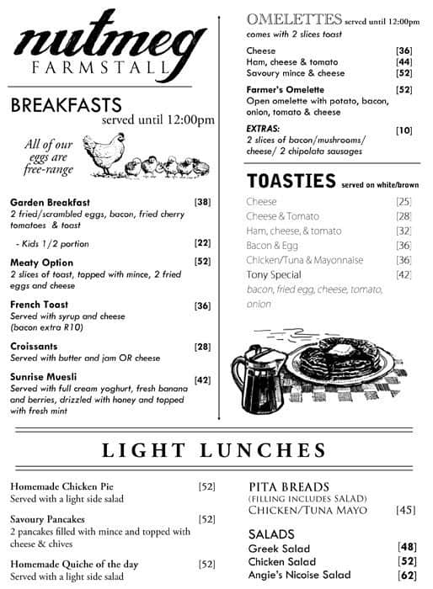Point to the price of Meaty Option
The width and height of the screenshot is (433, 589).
tap(202, 262)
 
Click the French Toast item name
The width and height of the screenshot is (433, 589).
tap(40, 305)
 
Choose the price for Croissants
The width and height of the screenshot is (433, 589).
tap(202, 347)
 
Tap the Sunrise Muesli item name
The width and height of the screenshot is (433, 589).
tap(44, 376)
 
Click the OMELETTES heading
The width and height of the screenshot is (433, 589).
tap(294, 19)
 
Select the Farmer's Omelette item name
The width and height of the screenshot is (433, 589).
tap(286, 89)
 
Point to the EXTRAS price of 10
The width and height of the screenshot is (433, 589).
tap(404, 130)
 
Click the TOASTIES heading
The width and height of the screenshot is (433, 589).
tap(291, 181)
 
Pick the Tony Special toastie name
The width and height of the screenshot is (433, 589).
tap(275, 274)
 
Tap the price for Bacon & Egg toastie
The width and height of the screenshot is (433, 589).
tap(404, 245)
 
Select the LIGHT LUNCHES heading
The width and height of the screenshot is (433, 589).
tap(214, 450)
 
